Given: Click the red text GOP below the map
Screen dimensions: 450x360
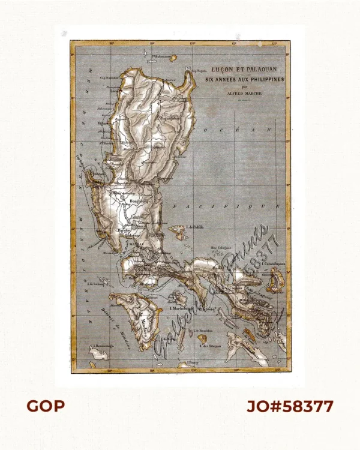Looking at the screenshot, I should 45,406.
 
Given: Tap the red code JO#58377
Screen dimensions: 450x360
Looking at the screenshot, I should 290,406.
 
